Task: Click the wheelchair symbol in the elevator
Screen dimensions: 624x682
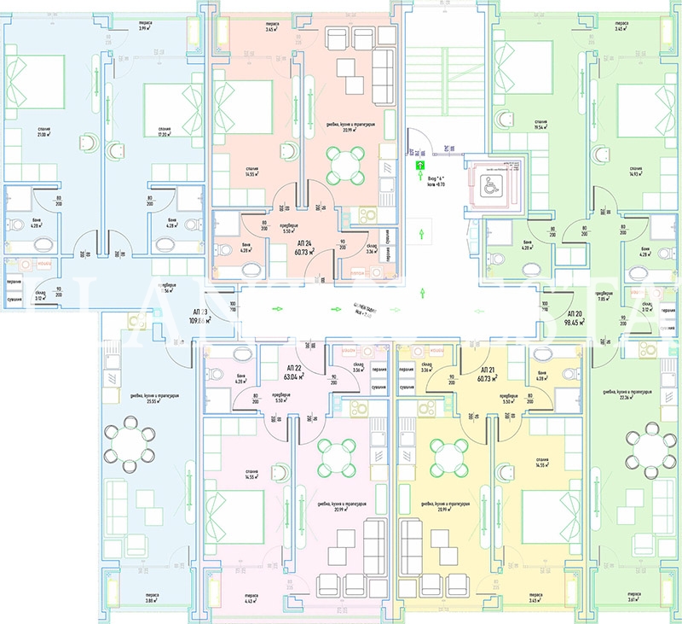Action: (x=492, y=190)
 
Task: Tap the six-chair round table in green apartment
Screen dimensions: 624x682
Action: (x=650, y=452)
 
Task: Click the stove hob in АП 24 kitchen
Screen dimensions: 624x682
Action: (x=369, y=217)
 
